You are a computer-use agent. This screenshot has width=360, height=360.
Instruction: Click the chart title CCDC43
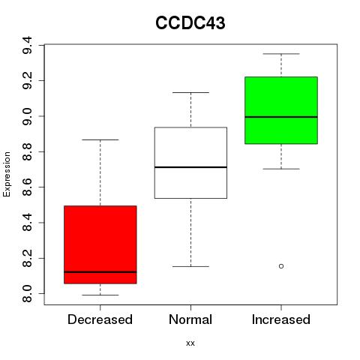pos(190,22)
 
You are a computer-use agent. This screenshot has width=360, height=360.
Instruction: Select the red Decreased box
pos(100,244)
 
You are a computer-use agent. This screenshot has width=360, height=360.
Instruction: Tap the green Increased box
pos(281,110)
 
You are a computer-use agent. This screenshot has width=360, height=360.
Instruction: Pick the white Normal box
pos(190,163)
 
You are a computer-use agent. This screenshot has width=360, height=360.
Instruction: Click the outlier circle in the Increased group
pos(281,266)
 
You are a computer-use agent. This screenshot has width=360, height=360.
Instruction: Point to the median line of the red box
pos(100,271)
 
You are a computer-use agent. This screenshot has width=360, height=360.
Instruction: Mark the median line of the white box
pos(190,167)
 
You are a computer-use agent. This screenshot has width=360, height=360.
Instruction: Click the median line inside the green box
pos(281,117)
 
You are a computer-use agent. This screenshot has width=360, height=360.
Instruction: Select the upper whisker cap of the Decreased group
pos(100,139)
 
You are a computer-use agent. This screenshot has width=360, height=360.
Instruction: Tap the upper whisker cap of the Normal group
pos(190,92)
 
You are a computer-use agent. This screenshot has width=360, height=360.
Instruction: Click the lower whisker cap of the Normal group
pos(190,266)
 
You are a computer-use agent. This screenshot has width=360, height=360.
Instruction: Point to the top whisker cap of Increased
pos(281,54)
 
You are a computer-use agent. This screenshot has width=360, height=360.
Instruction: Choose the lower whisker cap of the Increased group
pos(281,169)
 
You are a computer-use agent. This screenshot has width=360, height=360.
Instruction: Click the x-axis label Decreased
pos(100,319)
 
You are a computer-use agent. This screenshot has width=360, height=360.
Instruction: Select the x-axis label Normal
pos(190,319)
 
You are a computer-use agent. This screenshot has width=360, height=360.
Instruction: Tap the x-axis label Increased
pos(281,319)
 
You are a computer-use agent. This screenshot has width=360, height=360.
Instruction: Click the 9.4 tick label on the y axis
pos(27,45)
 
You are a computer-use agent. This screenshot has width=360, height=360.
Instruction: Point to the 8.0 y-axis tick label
pos(27,293)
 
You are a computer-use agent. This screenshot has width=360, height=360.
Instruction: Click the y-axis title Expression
pos(7,174)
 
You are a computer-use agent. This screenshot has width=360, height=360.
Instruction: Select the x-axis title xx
pos(190,343)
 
